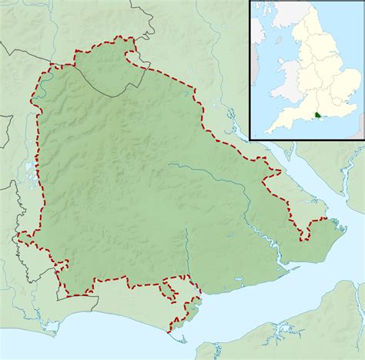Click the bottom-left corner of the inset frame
(249, 141)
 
